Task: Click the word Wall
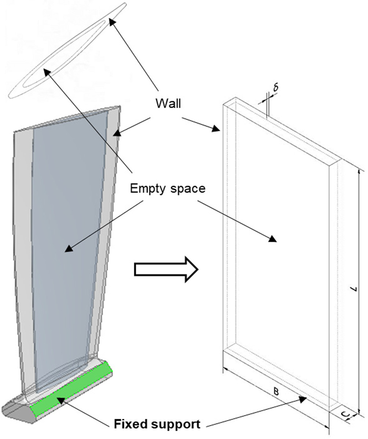[x=168, y=104]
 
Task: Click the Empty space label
[x=168, y=189]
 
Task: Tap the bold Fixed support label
[x=157, y=424]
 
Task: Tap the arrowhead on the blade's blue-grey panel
[x=68, y=249]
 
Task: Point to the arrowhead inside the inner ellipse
[x=47, y=72]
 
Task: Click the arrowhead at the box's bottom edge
[x=303, y=398]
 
